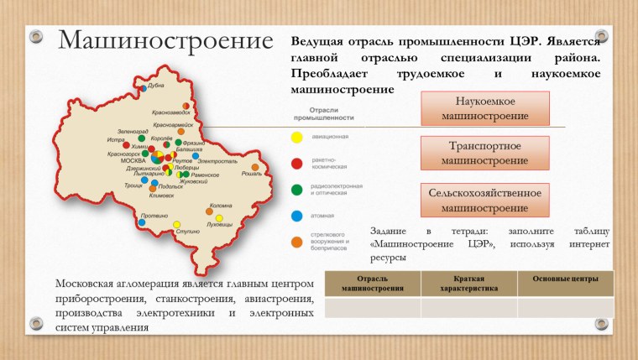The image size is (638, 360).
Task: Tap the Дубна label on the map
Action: [x=156, y=86]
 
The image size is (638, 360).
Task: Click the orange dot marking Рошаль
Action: [x=255, y=167]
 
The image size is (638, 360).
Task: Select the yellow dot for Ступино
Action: [x=176, y=224]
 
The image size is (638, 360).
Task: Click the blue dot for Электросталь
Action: [x=196, y=156]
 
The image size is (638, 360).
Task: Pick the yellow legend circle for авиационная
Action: [x=296, y=136]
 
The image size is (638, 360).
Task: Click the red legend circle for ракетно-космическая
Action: [x=296, y=162]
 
